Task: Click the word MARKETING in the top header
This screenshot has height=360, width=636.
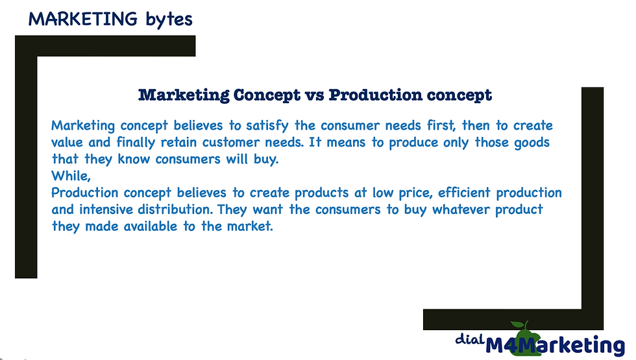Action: click(x=83, y=19)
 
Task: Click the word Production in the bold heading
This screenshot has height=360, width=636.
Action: click(x=375, y=95)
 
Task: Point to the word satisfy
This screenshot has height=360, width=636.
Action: click(x=267, y=126)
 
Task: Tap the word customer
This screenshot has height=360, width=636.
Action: click(x=231, y=143)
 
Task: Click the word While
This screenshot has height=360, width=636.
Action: click(x=70, y=176)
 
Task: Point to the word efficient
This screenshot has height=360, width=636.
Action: click(x=464, y=193)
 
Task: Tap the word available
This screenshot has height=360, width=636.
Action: click(x=151, y=226)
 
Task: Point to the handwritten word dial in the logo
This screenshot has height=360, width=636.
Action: click(x=469, y=339)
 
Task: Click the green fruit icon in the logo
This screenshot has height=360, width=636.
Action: click(x=524, y=338)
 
